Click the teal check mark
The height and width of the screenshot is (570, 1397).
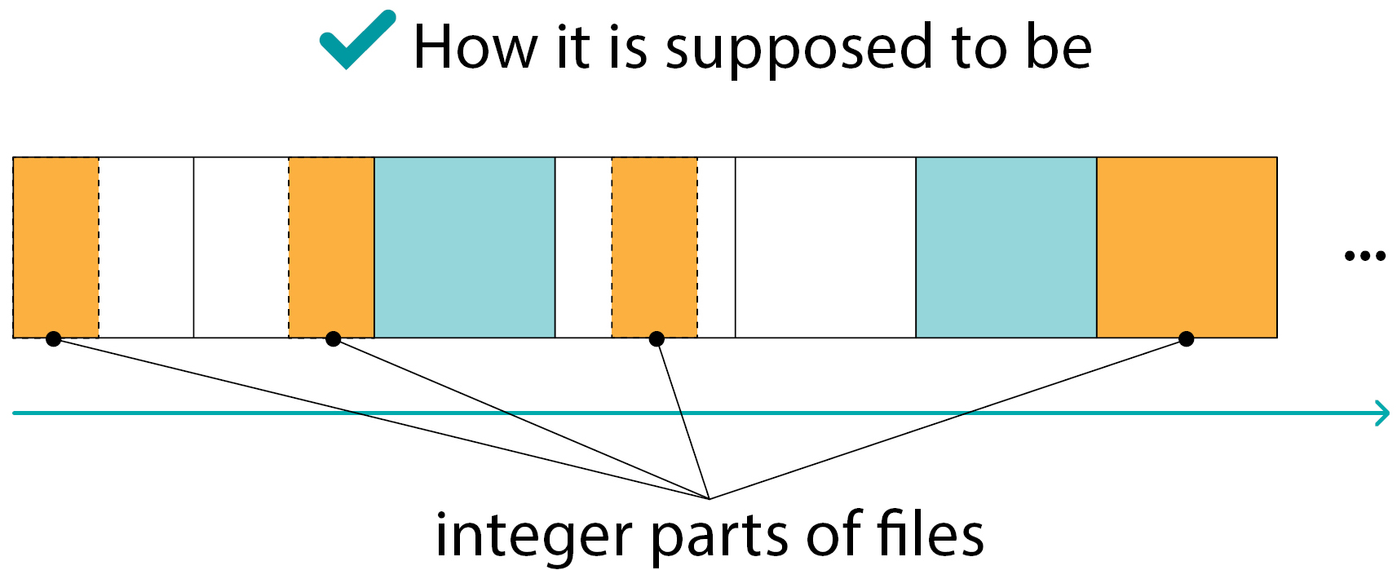coord(356,41)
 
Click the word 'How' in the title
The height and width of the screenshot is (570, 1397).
coord(475,47)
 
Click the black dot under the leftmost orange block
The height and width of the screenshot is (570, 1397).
coord(54,338)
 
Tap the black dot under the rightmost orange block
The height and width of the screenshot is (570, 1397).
coord(1187,338)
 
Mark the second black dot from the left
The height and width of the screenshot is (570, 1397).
coord(333,338)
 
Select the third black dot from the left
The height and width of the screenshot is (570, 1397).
coord(657,338)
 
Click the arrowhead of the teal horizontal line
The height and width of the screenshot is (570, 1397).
coord(1382,413)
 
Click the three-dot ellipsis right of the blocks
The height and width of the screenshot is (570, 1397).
coord(1364,256)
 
